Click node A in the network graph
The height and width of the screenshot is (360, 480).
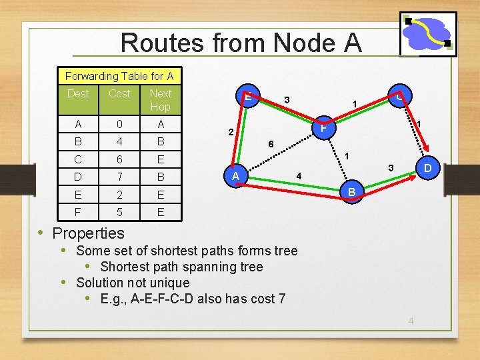point(235,176)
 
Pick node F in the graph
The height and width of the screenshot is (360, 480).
point(323,127)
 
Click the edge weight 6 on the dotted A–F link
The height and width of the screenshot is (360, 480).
point(270,144)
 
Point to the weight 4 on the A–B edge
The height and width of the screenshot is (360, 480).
point(299,176)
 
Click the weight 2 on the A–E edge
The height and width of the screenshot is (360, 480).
point(229,132)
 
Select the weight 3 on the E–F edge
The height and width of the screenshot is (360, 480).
point(286,100)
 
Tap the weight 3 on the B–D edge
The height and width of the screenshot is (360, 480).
point(391,166)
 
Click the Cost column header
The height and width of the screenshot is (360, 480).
point(119,94)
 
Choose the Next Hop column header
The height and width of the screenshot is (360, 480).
point(160,100)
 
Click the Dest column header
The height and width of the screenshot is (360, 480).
point(78,94)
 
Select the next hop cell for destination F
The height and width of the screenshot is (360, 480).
point(160,212)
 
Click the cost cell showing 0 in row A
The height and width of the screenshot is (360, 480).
point(119,125)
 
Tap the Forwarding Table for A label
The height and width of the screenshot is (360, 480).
point(119,77)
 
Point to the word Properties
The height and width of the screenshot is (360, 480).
point(88,233)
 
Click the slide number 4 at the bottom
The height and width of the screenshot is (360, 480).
point(411,321)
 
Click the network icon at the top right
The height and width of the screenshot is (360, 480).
point(428,34)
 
